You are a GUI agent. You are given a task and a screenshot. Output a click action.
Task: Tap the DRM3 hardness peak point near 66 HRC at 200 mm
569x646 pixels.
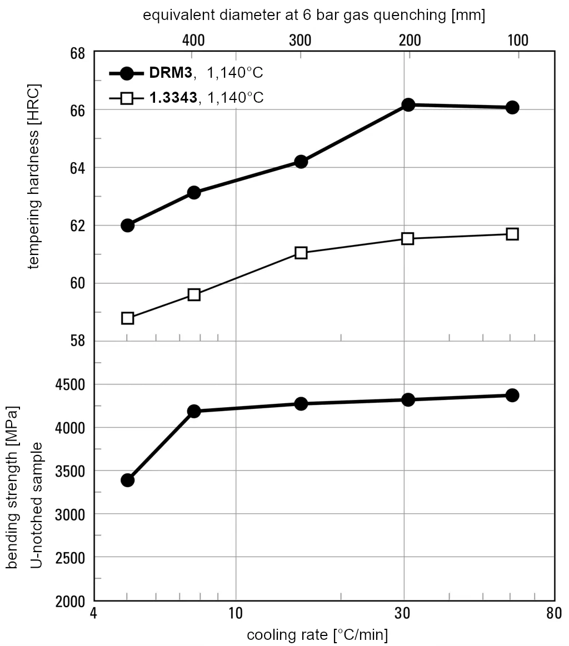pos(408,104)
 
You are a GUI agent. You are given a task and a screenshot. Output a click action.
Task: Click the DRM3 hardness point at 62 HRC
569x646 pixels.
pos(127,225)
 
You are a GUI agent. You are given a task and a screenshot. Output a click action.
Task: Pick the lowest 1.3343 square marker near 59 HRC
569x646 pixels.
pos(127,318)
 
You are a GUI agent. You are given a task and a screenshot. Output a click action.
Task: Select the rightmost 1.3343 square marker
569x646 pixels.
pos(512,234)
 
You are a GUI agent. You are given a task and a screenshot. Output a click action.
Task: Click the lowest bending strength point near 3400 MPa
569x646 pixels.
pos(127,480)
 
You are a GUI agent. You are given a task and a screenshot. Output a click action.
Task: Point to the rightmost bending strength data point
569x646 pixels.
pos(512,395)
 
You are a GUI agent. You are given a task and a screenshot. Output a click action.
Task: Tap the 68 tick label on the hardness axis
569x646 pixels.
pos(77,53)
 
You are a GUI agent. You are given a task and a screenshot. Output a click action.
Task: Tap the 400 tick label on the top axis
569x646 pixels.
pos(193,40)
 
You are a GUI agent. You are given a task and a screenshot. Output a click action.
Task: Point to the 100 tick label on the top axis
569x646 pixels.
pos(517,40)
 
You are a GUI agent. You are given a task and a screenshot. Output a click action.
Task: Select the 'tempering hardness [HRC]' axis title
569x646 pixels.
pos(34,177)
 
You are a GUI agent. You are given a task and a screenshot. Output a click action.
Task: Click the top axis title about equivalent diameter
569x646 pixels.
pos(314,15)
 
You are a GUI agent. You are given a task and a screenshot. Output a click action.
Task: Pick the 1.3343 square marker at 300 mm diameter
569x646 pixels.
pos(301,253)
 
